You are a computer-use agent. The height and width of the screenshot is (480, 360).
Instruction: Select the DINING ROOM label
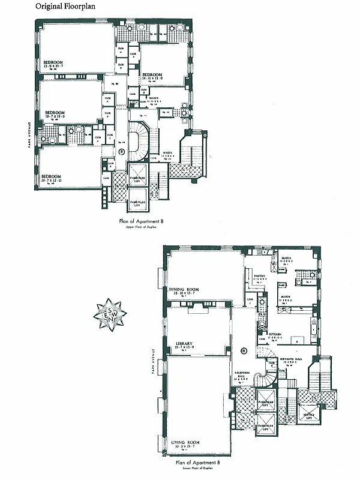pos(184,289)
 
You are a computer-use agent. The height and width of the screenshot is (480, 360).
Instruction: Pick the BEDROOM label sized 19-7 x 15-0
pos(55,112)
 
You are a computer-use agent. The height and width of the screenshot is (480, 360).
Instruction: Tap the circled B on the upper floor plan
pos(122,152)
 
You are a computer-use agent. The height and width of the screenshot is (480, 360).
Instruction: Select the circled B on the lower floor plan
pos(244,350)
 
